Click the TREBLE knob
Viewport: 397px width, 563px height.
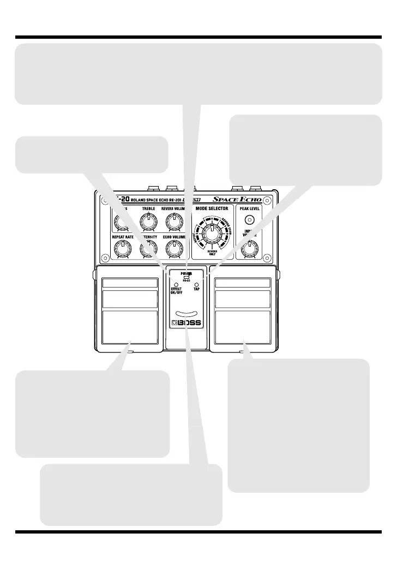click(x=147, y=220)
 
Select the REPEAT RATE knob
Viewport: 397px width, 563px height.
click(x=122, y=249)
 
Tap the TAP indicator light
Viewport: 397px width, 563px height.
click(x=196, y=285)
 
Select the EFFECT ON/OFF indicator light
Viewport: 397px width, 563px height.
click(x=176, y=285)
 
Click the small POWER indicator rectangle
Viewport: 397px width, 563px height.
click(x=186, y=278)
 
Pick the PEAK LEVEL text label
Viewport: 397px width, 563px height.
click(x=250, y=208)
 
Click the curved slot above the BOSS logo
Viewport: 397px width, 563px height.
click(x=186, y=313)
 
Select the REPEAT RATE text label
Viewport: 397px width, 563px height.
click(x=123, y=237)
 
